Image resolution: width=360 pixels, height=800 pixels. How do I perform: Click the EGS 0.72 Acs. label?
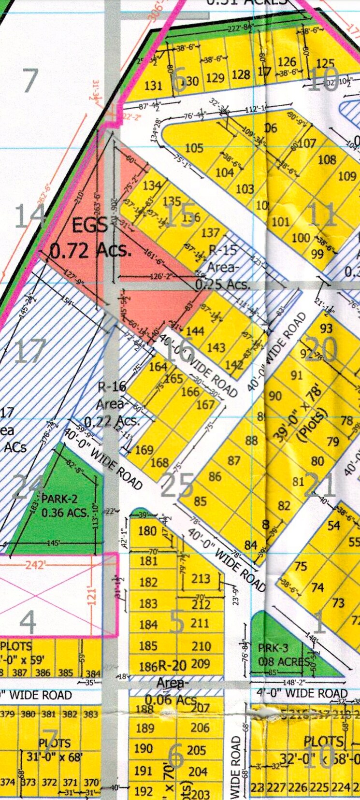(x=90, y=238)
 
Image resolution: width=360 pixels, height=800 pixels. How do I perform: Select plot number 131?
(x=153, y=86)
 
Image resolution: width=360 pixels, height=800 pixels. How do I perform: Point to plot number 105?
(x=194, y=147)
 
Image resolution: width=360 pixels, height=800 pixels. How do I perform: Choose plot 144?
(x=195, y=331)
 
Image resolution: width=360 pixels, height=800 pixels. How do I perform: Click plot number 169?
(x=144, y=450)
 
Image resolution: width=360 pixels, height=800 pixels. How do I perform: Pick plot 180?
(x=147, y=531)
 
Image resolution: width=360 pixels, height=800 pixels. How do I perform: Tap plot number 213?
(x=201, y=578)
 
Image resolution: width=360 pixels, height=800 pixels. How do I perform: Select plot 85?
(x=200, y=501)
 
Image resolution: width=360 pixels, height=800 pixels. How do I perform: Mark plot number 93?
(x=326, y=329)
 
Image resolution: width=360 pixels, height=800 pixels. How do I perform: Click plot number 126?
(x=287, y=62)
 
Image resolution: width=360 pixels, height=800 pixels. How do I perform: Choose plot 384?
(x=93, y=673)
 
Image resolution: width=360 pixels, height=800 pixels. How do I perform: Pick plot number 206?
(x=200, y=729)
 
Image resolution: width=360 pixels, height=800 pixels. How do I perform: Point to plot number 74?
(x=317, y=587)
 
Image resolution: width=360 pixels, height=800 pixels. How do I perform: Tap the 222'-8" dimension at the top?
(x=241, y=28)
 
